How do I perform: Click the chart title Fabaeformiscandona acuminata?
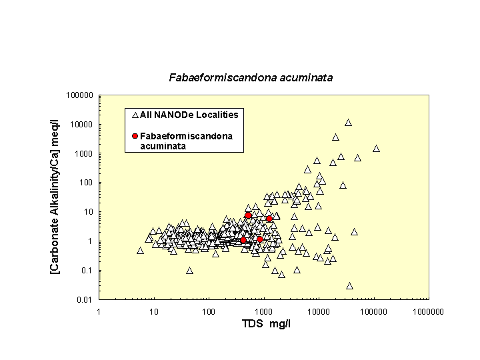pyautogui.click(x=250, y=78)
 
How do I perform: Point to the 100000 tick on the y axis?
pyautogui.click(x=80, y=95)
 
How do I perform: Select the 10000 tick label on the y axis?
pyautogui.click(x=82, y=125)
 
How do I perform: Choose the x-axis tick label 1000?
pyautogui.click(x=263, y=311)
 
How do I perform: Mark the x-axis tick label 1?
pyautogui.click(x=99, y=311)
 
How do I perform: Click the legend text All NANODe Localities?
pyautogui.click(x=189, y=115)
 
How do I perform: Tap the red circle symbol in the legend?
pyautogui.click(x=135, y=136)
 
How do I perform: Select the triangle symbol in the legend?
pyautogui.click(x=135, y=115)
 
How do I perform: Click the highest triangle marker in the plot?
pyautogui.click(x=348, y=123)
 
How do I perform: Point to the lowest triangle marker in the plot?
pyautogui.click(x=349, y=286)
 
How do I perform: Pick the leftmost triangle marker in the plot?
pyautogui.click(x=140, y=251)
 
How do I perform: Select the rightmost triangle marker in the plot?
pyautogui.click(x=376, y=149)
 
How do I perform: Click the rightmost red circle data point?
pyautogui.click(x=269, y=219)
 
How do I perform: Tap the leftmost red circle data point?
pyautogui.click(x=243, y=240)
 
